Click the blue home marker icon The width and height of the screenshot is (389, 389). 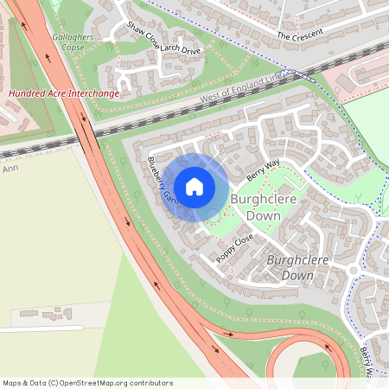click(x=194, y=186)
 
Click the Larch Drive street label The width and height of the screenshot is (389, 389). click(x=180, y=49)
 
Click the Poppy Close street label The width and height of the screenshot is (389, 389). click(x=234, y=247)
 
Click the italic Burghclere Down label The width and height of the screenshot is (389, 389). click(x=290, y=267)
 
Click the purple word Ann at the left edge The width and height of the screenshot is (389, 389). click(x=10, y=169)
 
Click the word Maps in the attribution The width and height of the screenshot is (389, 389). click(x=13, y=382)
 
